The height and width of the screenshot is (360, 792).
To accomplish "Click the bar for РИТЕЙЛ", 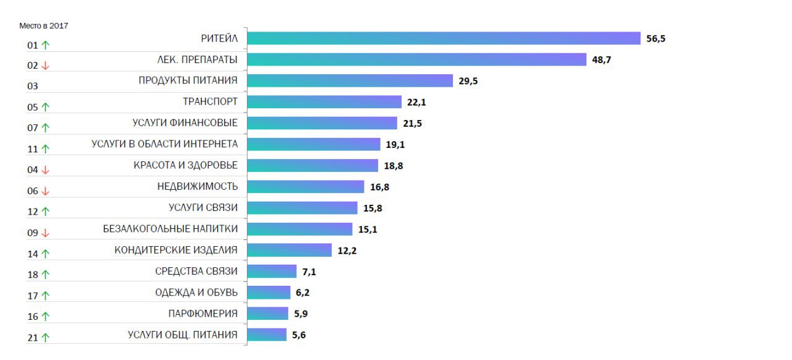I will click(444, 38).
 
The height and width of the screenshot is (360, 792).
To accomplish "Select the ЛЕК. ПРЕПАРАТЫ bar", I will click(416, 59).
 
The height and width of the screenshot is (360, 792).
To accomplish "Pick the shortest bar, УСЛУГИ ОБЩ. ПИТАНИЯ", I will click(267, 335).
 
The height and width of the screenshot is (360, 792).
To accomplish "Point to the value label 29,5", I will click(468, 80).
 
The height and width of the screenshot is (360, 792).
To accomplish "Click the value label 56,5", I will click(656, 38).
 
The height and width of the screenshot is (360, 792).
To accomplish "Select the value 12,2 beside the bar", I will click(347, 250).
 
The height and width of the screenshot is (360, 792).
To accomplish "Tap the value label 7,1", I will click(309, 271).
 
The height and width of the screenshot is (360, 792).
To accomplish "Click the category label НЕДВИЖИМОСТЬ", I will click(197, 186).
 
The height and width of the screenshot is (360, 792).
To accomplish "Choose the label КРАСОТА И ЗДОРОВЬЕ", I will click(186, 165).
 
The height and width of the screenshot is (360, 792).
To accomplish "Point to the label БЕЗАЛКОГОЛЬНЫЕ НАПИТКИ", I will click(170, 229).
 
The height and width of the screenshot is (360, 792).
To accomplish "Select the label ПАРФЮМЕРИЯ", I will click(203, 313).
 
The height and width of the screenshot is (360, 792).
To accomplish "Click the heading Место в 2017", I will click(43, 25).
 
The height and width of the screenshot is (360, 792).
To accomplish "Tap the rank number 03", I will click(33, 86).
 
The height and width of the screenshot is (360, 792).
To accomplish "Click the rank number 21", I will click(33, 337).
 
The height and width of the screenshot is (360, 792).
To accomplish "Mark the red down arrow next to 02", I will click(45, 66).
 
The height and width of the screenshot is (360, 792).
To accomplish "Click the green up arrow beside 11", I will click(45, 149).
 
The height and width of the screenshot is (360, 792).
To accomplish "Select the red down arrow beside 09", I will click(45, 233).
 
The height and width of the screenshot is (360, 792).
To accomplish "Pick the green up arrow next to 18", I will click(45, 275).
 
